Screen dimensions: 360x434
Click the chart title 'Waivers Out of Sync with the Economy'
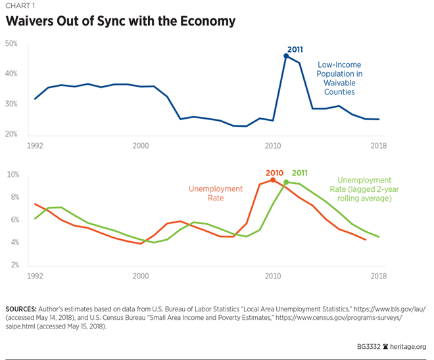[x=120, y=21]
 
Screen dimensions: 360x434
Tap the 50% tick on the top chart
[x=11, y=44]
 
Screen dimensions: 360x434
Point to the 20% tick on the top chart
[x=11, y=135]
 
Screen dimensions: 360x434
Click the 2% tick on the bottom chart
[x=12, y=265]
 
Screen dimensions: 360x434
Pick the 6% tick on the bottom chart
[x=12, y=220]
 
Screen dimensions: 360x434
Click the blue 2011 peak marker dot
[x=286, y=56]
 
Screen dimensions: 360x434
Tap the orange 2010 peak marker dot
[x=272, y=179]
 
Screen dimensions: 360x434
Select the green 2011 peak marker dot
[x=286, y=182]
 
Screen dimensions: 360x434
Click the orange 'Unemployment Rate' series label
[x=215, y=194]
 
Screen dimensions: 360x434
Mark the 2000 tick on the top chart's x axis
[x=141, y=145]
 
